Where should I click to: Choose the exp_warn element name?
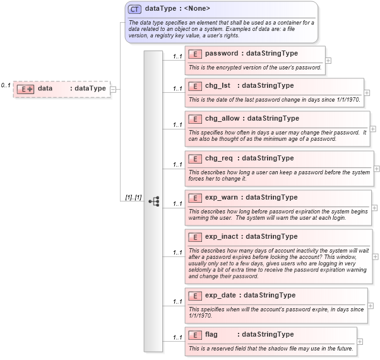(221, 197)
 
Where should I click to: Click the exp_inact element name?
(222, 236)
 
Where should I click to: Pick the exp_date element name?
(221, 295)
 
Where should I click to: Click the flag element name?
(211, 334)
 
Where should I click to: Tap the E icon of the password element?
(195, 54)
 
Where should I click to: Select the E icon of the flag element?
(195, 334)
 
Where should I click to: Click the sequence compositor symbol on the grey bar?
(153, 201)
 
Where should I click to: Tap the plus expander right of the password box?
(328, 61)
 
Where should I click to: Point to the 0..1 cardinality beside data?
(6, 85)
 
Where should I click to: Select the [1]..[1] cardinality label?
(133, 198)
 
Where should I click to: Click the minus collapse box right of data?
(113, 89)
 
